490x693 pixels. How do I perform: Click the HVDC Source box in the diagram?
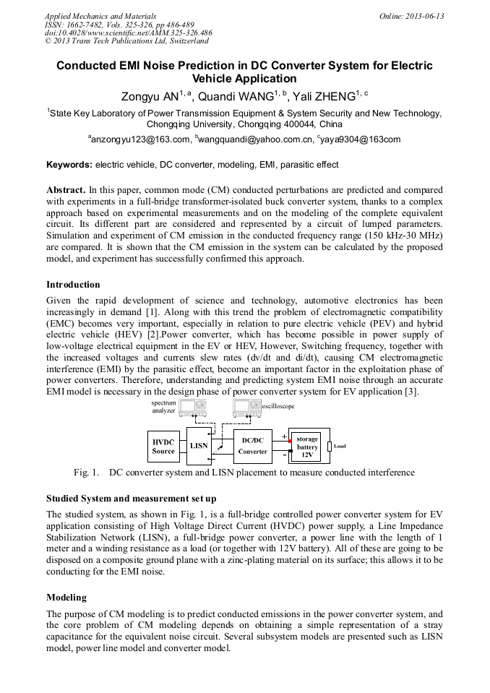point(163,446)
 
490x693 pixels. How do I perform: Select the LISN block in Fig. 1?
point(199,446)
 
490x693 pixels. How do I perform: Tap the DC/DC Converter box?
point(252,446)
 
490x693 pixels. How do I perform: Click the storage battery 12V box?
point(307,447)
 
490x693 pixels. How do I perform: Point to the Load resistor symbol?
point(330,446)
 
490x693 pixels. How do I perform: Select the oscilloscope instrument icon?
point(246,408)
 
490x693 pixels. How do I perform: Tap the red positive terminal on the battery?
point(291,439)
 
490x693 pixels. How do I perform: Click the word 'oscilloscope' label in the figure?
point(278,407)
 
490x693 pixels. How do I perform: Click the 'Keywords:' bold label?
point(69,165)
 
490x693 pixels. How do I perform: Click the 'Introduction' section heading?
point(73,285)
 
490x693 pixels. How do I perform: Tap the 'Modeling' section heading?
point(66,598)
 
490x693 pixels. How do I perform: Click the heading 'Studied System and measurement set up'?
point(131,499)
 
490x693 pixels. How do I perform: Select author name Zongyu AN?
point(148,96)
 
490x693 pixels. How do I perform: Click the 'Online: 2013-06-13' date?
point(411,16)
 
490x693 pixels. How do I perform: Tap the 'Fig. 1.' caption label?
point(86,473)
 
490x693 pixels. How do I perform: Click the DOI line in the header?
point(128,33)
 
